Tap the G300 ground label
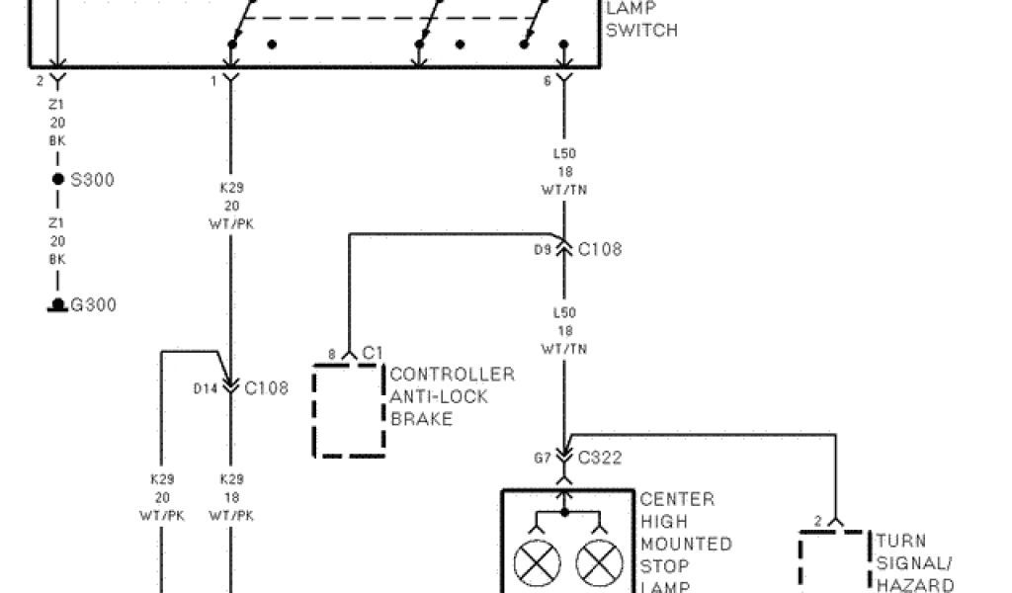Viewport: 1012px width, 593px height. [x=93, y=304]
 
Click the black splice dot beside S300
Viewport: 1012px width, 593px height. [x=58, y=180]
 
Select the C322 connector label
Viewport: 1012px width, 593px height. [x=599, y=458]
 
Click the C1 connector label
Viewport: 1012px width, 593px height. [x=373, y=353]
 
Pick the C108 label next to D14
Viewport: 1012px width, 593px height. [x=266, y=387]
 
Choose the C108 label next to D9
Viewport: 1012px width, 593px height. [x=600, y=249]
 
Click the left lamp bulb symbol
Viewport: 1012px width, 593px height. [x=538, y=564]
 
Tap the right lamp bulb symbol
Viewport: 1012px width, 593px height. [x=597, y=564]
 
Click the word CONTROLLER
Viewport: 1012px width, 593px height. [x=453, y=375]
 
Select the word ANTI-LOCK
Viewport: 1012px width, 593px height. [x=439, y=396]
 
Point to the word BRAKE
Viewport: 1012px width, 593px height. [x=421, y=419]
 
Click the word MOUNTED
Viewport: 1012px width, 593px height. [x=686, y=545]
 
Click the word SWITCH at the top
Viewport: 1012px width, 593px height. [x=641, y=30]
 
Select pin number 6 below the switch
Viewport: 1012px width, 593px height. [x=548, y=82]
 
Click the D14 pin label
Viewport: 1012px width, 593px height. [x=205, y=388]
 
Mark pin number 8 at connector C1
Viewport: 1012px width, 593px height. [x=332, y=353]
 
